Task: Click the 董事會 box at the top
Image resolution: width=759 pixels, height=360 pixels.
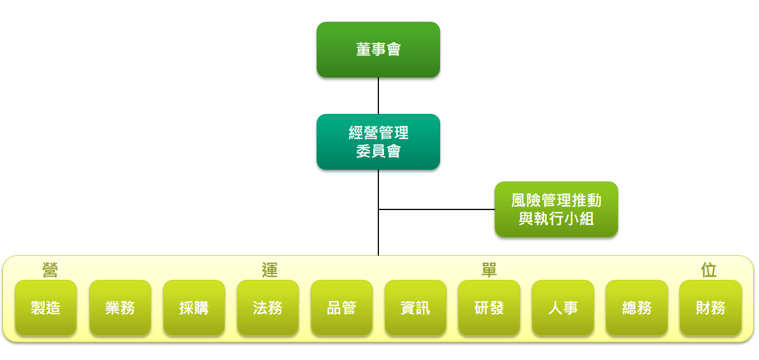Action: click(378, 50)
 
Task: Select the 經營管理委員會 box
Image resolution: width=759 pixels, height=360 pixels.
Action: click(378, 142)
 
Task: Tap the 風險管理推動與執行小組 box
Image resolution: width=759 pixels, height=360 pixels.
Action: click(556, 209)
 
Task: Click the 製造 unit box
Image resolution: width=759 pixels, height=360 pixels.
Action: click(46, 308)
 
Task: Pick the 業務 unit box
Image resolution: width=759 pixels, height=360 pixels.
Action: click(120, 308)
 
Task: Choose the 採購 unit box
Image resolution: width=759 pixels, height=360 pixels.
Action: click(194, 308)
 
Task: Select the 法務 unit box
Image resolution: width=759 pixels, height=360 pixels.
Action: click(268, 308)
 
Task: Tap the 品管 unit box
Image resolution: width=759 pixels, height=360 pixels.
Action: click(342, 308)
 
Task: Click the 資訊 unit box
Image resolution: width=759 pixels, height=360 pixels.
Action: click(416, 308)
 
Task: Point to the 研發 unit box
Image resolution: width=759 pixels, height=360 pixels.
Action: click(489, 308)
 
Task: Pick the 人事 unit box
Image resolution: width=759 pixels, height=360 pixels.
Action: click(563, 308)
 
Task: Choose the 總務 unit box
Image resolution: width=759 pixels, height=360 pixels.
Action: click(637, 308)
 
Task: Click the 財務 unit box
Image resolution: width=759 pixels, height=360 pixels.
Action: click(710, 308)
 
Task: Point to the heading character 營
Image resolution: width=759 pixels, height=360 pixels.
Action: click(50, 270)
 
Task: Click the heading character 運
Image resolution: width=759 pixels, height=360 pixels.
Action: click(270, 270)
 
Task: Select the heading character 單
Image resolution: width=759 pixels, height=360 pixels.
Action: click(489, 270)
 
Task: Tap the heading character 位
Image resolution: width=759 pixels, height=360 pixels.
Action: click(709, 270)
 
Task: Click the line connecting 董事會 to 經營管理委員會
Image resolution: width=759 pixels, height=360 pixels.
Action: click(378, 96)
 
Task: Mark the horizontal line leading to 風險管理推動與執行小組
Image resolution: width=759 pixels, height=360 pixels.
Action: click(436, 209)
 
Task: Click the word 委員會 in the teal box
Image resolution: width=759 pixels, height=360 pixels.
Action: click(378, 151)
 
